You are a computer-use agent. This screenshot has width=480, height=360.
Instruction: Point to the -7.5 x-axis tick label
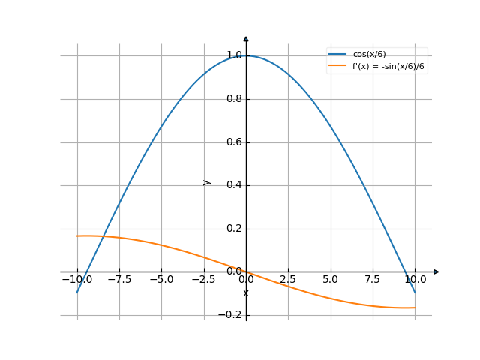[x=119, y=279]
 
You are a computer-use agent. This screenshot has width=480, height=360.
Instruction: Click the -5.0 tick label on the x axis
[x=161, y=279]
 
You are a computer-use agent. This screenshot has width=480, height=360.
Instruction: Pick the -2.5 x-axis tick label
[x=203, y=279]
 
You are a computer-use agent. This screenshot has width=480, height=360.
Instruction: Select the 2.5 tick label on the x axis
[x=289, y=279]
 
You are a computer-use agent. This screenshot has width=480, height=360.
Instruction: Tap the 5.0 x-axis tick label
[x=331, y=279]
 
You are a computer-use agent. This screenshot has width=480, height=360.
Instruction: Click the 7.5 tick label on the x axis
[x=373, y=279]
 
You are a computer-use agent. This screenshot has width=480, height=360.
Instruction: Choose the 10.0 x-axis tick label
[x=415, y=279]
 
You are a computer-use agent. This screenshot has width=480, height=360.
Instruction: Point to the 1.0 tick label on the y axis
[x=233, y=55]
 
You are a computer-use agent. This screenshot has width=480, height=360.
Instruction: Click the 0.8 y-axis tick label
[x=233, y=99]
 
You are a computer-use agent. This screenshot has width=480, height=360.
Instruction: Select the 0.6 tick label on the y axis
[x=233, y=142]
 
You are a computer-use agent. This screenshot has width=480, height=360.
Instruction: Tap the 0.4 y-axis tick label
[x=233, y=185]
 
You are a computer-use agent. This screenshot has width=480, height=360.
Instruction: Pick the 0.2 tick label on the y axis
[x=233, y=229]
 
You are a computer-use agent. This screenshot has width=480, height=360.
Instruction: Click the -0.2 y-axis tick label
[x=230, y=315]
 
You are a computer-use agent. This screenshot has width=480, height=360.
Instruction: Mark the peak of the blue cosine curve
[x=246, y=55]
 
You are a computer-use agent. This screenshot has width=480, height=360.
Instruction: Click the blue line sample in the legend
[x=338, y=54]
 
